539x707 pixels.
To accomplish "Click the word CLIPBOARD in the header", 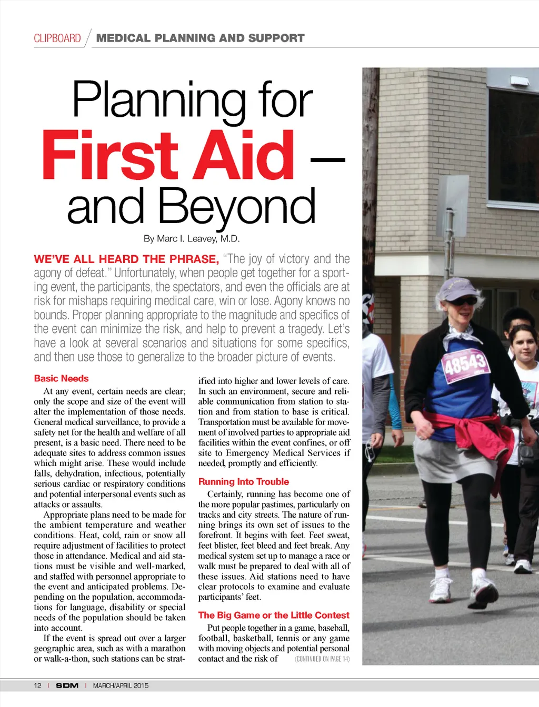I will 57,38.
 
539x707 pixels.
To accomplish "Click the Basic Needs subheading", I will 61,378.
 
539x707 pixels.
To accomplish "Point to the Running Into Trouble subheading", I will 243,481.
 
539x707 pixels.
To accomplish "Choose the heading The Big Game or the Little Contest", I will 273,615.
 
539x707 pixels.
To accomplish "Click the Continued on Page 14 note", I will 322,659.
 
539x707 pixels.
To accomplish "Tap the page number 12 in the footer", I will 37,685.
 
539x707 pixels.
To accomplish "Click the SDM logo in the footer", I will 67,685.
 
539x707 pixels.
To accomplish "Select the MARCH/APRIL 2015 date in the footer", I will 121,685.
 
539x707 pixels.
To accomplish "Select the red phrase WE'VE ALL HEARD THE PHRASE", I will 126,259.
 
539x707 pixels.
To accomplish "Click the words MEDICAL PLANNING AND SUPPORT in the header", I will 200,38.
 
